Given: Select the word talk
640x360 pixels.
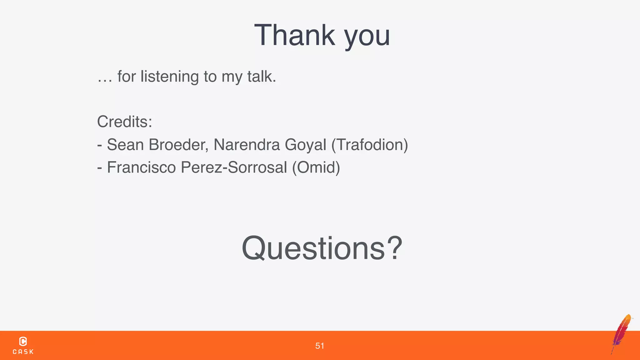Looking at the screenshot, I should pos(261,76).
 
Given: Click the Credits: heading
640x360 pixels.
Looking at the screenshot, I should pos(124,122).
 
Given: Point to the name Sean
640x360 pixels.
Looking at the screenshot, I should pos(125,145).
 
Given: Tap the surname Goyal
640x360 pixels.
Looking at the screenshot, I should pos(305,145).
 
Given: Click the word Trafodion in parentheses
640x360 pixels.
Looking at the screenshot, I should pos(370,145).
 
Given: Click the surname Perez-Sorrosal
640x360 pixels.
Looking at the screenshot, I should pos(234,167).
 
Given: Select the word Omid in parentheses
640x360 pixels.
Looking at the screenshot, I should pos(316,167).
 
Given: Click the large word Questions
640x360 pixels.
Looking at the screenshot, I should pos(313,248).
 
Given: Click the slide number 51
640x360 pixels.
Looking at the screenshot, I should pos(320,346).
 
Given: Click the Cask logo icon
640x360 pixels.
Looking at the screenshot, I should pos(23,341).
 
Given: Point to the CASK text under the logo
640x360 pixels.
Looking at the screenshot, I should pos(23,352).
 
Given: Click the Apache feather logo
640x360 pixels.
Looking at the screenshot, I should pos(622,333).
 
